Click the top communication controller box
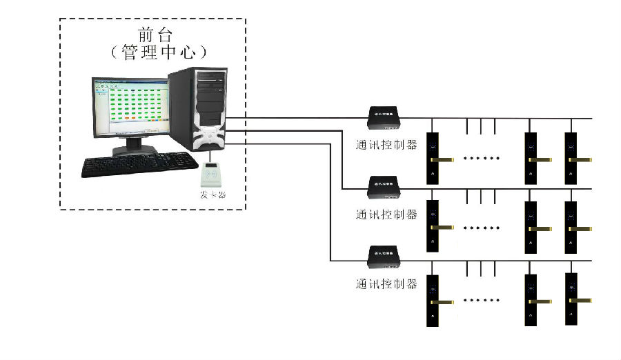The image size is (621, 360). pos(384,118)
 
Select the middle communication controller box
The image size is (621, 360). pos(384,185)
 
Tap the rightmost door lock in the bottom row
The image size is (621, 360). pos(571,300)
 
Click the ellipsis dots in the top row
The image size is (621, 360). pos(481,159)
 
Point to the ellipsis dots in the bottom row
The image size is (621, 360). pos(481,301)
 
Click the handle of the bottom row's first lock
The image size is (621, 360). pos(444,301)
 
